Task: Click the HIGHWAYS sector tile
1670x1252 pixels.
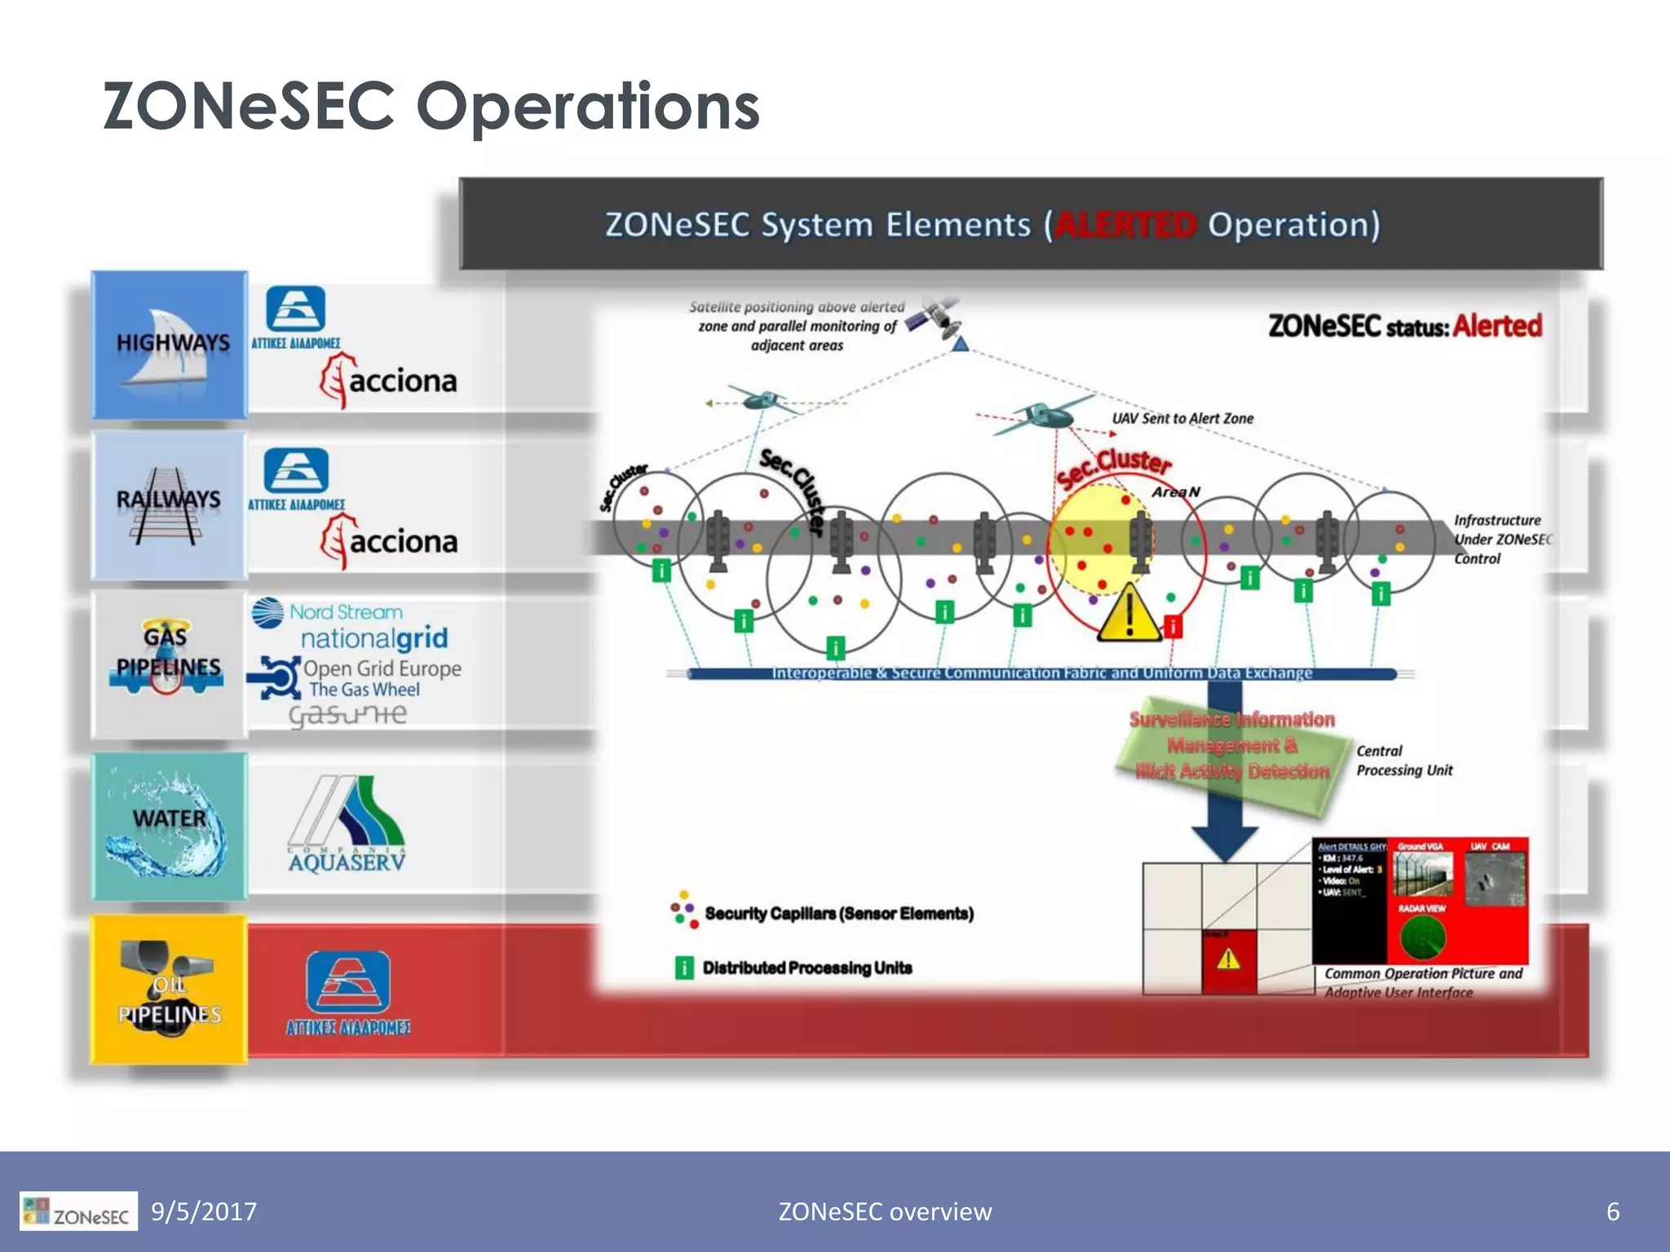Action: point(169,345)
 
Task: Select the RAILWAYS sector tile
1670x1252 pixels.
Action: point(169,505)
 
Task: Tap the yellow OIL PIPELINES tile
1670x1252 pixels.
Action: point(169,989)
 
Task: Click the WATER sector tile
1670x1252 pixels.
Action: point(169,827)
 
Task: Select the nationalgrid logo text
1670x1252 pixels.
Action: point(374,638)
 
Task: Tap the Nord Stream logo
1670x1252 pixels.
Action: point(328,611)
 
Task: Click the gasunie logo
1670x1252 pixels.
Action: point(348,715)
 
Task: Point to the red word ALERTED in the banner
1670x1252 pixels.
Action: point(1125,225)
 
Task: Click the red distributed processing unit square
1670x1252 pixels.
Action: point(1173,626)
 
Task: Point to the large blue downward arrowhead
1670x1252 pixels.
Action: point(1224,840)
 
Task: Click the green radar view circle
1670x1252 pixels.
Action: point(1423,937)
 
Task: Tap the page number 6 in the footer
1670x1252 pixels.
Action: point(1612,1211)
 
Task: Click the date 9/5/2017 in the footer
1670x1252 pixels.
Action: point(204,1211)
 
